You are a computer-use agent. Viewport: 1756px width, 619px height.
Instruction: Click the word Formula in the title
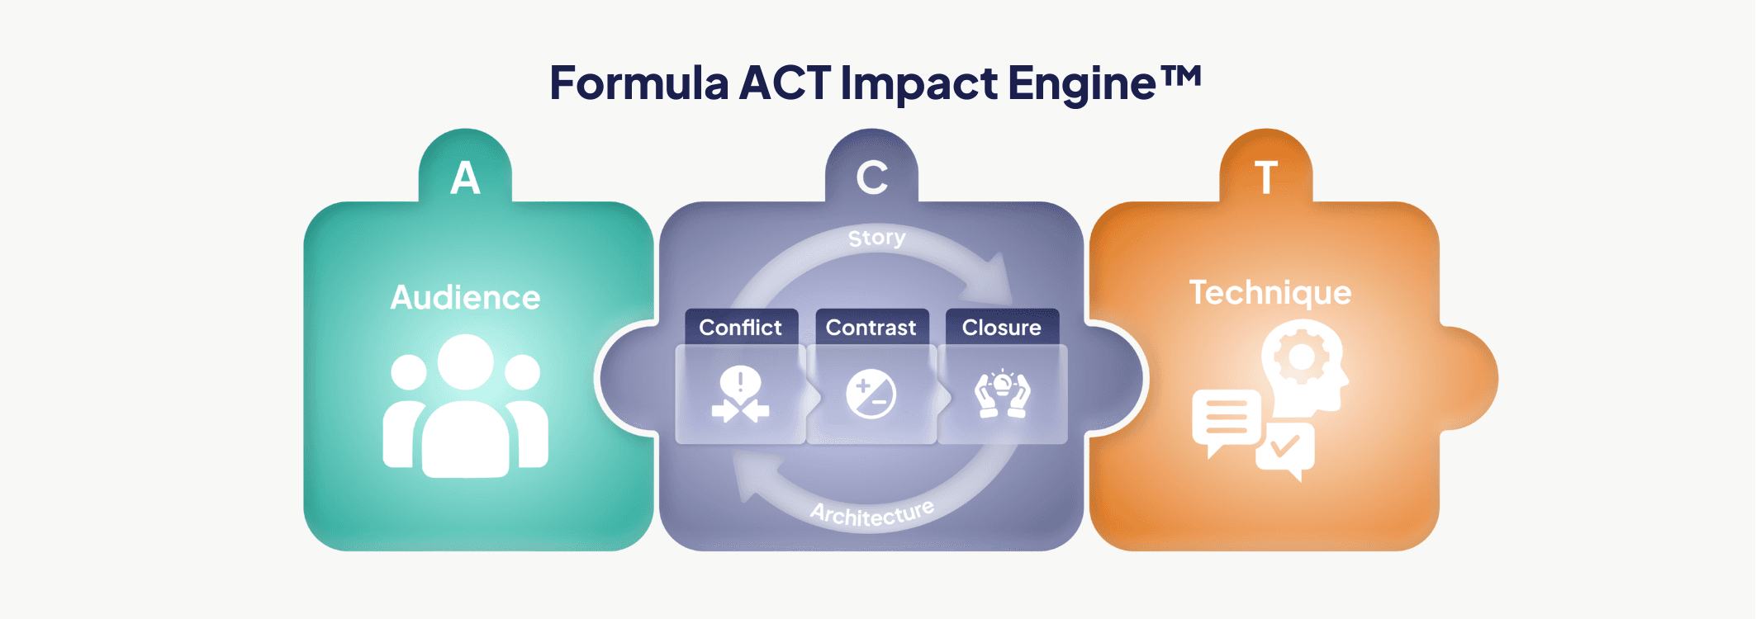click(x=638, y=83)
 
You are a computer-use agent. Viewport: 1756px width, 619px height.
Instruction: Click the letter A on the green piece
click(x=465, y=178)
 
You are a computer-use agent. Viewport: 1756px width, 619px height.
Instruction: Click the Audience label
click(x=465, y=298)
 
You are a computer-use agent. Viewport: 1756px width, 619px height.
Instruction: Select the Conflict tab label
click(x=740, y=328)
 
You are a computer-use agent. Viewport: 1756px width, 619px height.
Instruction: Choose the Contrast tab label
click(x=871, y=328)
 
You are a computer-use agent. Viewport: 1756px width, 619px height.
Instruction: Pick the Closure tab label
click(x=1001, y=328)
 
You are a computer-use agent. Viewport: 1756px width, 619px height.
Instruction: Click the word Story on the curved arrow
click(x=876, y=239)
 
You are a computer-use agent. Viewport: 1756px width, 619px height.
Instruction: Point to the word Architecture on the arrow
click(x=872, y=513)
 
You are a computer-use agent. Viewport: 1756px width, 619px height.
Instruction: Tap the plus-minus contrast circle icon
click(x=871, y=395)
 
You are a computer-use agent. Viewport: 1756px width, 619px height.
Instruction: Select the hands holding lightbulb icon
click(x=1002, y=394)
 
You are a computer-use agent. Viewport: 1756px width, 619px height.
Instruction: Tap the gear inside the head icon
click(x=1301, y=357)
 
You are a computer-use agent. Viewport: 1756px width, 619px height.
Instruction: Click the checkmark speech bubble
click(x=1284, y=448)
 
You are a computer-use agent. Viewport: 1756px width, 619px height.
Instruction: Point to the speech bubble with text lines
click(x=1227, y=419)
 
